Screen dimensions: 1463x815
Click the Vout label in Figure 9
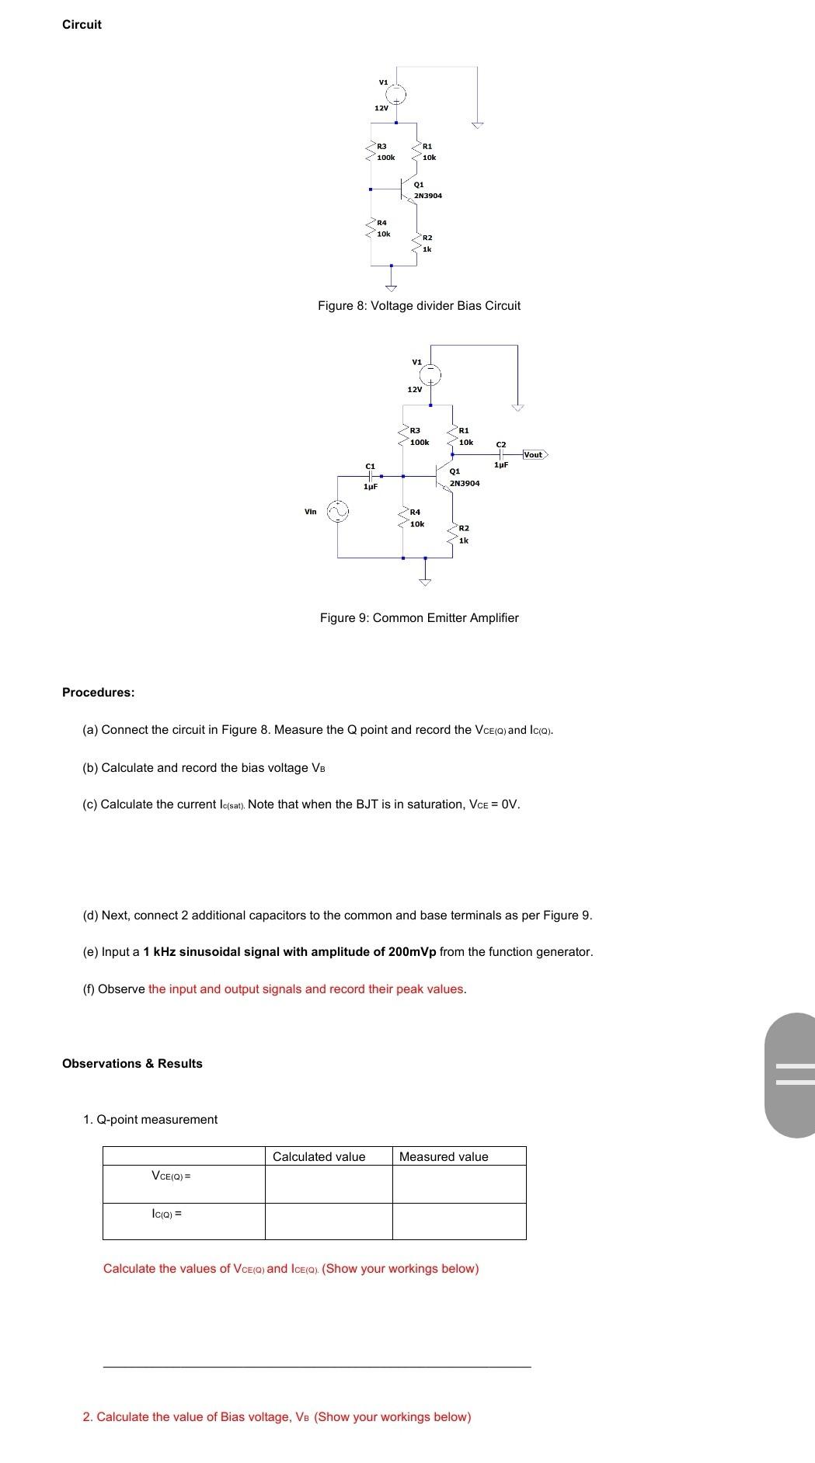point(534,454)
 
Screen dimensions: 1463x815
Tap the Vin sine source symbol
point(338,511)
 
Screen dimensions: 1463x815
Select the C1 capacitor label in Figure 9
point(371,466)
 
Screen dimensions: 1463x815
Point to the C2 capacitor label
point(501,444)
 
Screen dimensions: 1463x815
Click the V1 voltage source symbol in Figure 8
point(396,95)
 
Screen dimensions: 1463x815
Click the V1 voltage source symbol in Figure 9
point(431,375)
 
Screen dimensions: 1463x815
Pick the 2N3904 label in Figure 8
point(428,196)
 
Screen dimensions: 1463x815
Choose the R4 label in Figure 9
point(415,512)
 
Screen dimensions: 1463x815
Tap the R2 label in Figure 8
point(427,237)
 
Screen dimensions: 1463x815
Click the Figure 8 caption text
point(419,305)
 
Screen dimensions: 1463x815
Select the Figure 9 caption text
point(419,617)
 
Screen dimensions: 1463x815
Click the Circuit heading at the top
point(82,24)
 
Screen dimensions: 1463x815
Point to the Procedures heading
point(98,692)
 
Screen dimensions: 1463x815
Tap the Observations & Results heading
point(132,1063)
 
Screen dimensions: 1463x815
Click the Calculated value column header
point(319,1156)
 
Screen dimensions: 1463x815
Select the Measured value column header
point(444,1156)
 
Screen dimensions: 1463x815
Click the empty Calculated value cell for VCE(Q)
point(329,1184)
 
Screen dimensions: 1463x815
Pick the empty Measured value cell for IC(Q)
point(459,1221)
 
